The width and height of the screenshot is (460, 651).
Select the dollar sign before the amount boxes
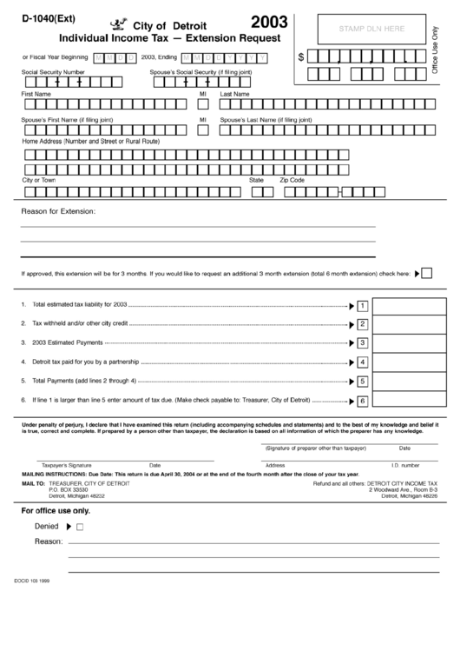301,57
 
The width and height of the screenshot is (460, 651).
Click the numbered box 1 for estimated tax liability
363,305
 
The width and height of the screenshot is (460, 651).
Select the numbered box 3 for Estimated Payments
363,343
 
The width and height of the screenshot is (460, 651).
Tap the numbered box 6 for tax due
363,401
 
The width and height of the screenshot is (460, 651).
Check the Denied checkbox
80,527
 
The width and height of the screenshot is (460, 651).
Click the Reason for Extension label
57,211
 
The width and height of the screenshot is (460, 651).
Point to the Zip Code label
292,180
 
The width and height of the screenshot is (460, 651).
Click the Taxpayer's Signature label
67,465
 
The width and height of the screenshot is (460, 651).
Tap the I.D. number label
404,465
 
